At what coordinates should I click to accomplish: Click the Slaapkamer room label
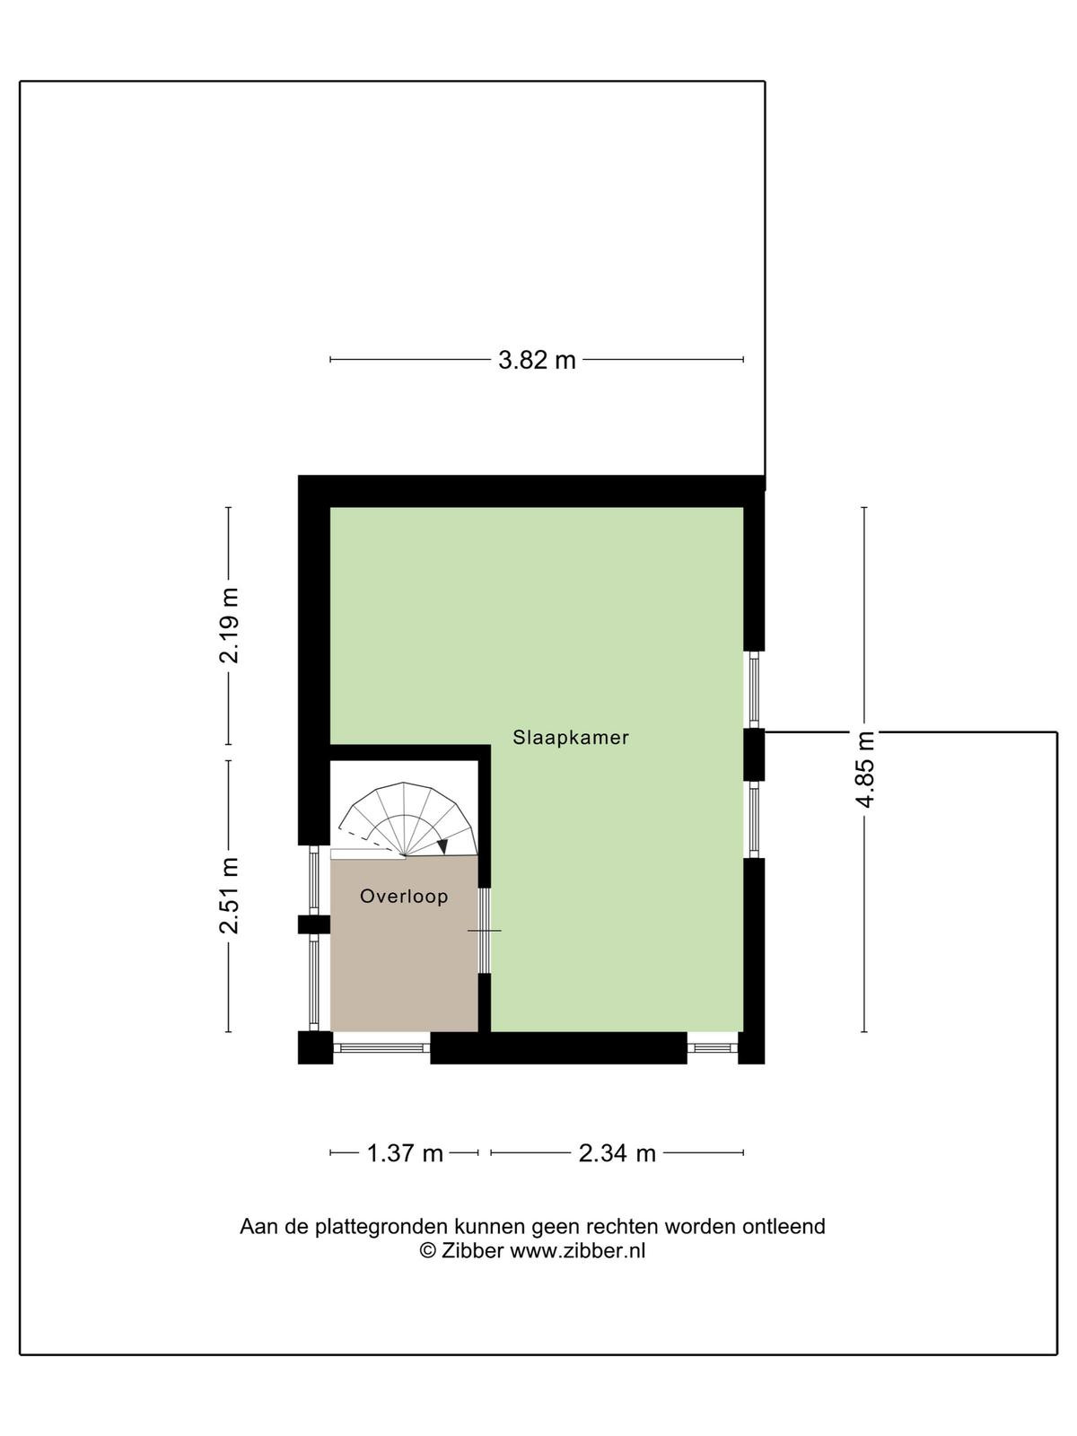[570, 738]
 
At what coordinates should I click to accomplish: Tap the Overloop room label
[404, 896]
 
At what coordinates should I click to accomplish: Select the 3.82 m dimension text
[537, 360]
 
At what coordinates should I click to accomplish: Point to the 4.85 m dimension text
[866, 769]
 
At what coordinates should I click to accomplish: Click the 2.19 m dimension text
[229, 626]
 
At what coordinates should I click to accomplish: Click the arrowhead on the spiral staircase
[442, 846]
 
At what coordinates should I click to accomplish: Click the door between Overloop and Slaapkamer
[485, 930]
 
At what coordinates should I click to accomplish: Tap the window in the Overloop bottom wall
[381, 1047]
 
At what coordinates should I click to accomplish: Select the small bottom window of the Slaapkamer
[712, 1047]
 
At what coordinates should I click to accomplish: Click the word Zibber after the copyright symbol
[472, 1250]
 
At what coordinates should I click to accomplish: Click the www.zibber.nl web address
[577, 1250]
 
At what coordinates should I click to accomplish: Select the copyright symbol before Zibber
[428, 1251]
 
